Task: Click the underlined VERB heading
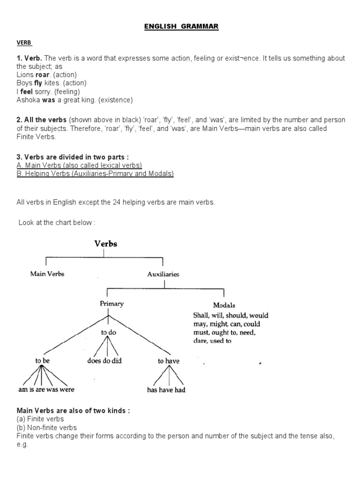tap(24, 42)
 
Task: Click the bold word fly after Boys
tap(38, 83)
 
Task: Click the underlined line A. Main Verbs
tap(79, 165)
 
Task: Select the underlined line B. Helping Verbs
tap(95, 173)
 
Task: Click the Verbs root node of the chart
tap(106, 244)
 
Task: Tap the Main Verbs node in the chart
tap(47, 274)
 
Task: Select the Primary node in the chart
tap(112, 304)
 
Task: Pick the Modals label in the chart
tap(224, 305)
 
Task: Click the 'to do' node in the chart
tap(108, 332)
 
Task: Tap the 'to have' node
tap(168, 361)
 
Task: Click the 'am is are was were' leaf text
tap(45, 390)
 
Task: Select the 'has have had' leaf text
tap(166, 390)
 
